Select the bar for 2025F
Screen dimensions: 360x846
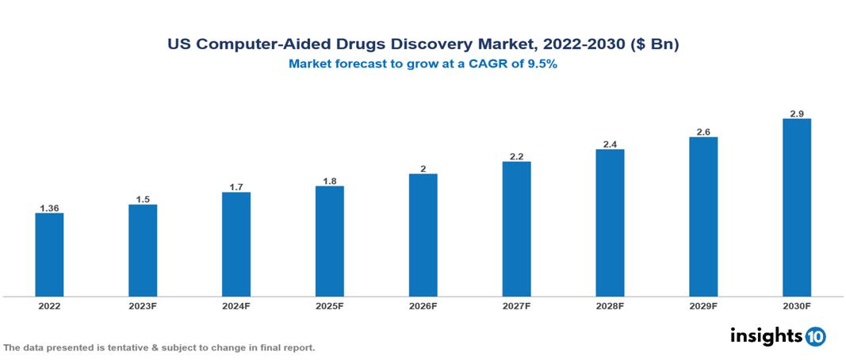(329, 241)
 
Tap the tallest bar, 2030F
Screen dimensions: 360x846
(796, 208)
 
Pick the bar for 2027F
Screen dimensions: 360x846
(516, 229)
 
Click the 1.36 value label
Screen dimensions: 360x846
(49, 209)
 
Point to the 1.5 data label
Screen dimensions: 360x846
(143, 200)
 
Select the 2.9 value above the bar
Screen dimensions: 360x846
(796, 114)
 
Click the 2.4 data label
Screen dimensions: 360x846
(610, 144)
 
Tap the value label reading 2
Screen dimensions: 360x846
(423, 169)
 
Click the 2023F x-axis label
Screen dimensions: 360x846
(143, 305)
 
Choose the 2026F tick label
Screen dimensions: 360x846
(423, 305)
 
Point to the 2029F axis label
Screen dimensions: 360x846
(703, 305)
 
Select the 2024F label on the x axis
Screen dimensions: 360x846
(236, 305)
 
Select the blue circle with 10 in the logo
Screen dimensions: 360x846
(815, 336)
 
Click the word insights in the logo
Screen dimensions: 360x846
(766, 335)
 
